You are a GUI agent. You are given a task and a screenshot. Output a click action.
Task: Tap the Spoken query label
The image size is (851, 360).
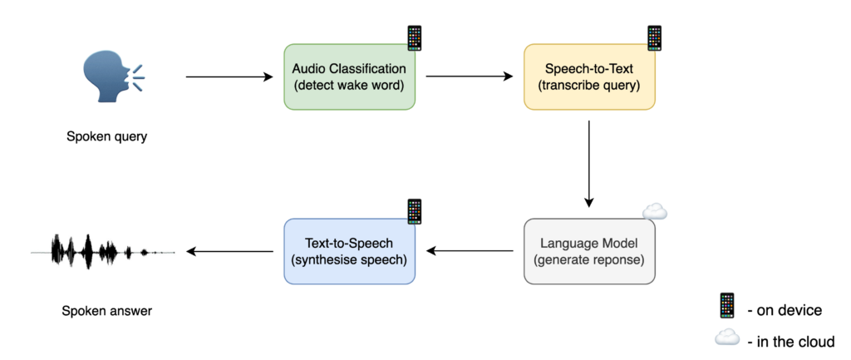(106, 137)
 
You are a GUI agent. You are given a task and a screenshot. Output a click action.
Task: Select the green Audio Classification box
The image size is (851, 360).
(349, 76)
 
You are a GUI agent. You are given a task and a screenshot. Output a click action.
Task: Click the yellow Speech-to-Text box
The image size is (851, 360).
(589, 76)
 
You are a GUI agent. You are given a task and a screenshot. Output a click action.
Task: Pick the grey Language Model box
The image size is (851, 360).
(589, 251)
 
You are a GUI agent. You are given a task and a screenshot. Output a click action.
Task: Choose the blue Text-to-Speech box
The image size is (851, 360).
(349, 251)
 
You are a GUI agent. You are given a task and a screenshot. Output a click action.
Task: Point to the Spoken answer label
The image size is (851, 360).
(106, 312)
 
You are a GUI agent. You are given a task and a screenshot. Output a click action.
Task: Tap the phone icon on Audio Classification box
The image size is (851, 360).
(414, 38)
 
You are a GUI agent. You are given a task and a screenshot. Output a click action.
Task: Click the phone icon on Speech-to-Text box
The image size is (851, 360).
(655, 38)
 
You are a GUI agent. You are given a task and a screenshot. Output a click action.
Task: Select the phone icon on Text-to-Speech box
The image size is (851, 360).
(414, 211)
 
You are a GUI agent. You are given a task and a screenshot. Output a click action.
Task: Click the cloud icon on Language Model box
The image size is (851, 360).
(655, 213)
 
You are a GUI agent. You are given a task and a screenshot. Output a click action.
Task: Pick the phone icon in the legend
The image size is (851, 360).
(727, 306)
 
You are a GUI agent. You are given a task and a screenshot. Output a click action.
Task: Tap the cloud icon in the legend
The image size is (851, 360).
(727, 337)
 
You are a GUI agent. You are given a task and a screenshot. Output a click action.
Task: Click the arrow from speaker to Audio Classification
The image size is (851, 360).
(229, 77)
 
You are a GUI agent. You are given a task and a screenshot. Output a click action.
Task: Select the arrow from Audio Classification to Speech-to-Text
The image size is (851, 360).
(469, 77)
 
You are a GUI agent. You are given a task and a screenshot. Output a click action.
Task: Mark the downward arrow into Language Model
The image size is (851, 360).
(589, 163)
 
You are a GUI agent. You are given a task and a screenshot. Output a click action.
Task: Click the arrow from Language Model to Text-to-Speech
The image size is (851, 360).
(469, 251)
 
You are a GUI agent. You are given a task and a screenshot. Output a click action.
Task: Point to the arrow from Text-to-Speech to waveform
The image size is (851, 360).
(229, 251)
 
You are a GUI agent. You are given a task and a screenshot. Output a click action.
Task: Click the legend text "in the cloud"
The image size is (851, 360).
(794, 341)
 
